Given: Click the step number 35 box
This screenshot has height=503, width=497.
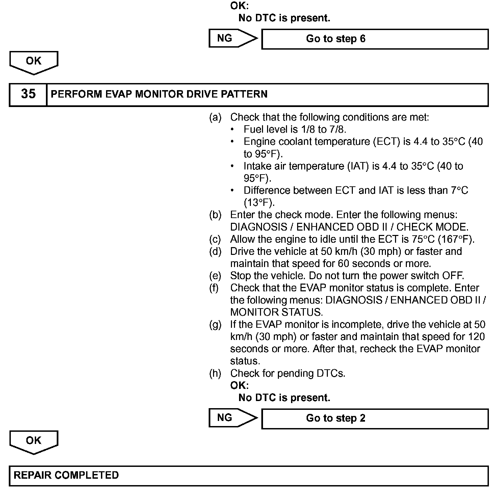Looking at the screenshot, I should click(28, 94).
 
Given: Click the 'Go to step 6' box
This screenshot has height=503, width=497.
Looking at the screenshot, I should click(375, 39).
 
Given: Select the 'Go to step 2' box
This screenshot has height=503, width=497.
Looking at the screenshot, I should click(375, 419).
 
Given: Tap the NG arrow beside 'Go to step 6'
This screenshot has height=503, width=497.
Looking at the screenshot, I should click(232, 38).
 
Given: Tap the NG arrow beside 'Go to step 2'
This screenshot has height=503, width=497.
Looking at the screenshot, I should click(232, 418).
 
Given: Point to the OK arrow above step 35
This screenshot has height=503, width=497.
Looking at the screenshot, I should click(34, 62).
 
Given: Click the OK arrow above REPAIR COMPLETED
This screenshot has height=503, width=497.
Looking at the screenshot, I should click(34, 442).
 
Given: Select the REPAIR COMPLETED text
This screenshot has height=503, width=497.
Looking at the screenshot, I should click(66, 475).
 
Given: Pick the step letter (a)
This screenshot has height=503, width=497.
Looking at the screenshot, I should click(215, 117).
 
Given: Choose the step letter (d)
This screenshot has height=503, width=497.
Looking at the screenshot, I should click(215, 251).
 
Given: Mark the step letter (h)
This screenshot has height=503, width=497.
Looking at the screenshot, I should click(215, 373).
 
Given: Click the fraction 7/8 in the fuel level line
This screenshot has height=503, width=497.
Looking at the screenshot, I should click(337, 130).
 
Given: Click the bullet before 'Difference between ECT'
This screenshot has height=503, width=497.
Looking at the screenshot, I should click(232, 191).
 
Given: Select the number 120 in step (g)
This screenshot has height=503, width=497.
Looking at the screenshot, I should click(476, 337).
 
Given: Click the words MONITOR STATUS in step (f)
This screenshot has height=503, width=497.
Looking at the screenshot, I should click(276, 312).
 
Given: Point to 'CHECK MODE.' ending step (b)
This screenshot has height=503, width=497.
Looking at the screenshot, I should click(433, 227).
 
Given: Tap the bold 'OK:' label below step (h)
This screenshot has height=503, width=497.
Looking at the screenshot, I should click(239, 386).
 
